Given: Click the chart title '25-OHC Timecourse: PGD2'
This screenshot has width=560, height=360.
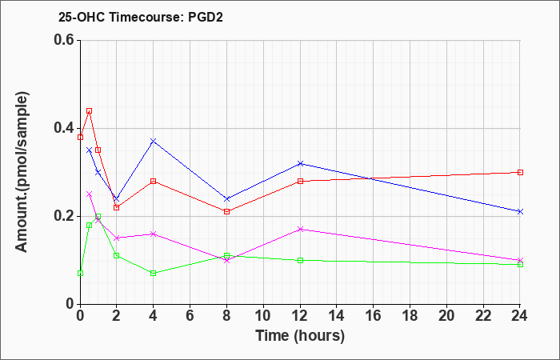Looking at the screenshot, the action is click(x=141, y=17).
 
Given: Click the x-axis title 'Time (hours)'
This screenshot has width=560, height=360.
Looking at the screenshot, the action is click(x=300, y=336).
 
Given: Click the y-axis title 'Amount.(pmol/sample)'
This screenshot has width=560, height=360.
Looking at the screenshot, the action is click(x=22, y=172).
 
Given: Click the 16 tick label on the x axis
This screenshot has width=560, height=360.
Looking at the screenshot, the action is click(x=374, y=316).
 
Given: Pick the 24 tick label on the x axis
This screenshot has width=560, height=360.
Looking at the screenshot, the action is click(x=520, y=316).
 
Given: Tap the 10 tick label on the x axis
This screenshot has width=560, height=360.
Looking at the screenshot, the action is click(x=263, y=316).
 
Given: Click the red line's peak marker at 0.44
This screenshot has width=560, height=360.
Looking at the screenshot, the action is click(x=90, y=110).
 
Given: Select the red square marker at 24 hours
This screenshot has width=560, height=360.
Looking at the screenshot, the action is click(x=520, y=172).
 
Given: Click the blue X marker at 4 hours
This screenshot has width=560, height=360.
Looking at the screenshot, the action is click(x=154, y=141).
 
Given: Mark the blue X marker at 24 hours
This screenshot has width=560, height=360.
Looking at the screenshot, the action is click(x=520, y=212).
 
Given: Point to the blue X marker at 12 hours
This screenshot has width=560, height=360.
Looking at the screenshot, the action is click(x=300, y=163).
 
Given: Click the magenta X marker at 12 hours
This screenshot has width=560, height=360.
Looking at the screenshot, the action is click(x=300, y=230).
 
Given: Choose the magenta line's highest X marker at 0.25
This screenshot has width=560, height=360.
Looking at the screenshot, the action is click(x=90, y=194).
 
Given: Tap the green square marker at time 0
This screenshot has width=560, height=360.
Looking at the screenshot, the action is click(x=80, y=274).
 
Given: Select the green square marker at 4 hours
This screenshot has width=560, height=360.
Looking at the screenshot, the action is click(x=154, y=274).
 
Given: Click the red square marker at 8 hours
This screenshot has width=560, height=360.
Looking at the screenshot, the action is click(x=226, y=211).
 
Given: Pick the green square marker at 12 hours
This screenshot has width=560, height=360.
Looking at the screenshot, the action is click(x=300, y=260).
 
